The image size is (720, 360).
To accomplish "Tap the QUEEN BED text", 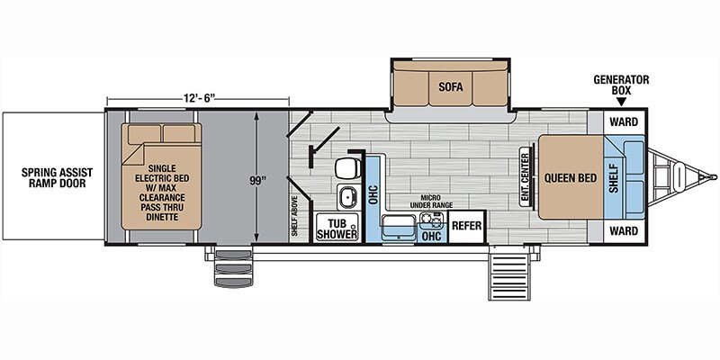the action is coord(571,177).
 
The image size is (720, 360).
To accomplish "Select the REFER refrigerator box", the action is coord(466,227).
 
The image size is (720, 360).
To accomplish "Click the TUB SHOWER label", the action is coord(337,229).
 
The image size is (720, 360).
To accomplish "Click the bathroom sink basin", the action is coord(348,196).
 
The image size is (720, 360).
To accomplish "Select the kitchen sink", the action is coord(399,228).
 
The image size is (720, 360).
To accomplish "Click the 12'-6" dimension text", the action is coord(198,97).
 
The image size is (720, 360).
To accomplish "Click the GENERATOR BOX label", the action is coord(621,84).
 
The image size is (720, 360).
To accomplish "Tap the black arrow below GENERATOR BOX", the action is coord(621,103).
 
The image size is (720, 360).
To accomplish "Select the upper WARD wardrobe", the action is coord(624,121).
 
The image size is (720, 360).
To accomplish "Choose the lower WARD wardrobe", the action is coord(624,231).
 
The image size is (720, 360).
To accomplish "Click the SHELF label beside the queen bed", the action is coord(615,177).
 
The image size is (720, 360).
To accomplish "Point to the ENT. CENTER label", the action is coord(525,176).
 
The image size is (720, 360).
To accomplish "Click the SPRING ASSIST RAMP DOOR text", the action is coord(57,178).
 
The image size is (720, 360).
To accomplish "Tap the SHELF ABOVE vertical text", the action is coord(294,216).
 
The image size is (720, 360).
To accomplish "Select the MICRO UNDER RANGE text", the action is coord(431,201).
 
